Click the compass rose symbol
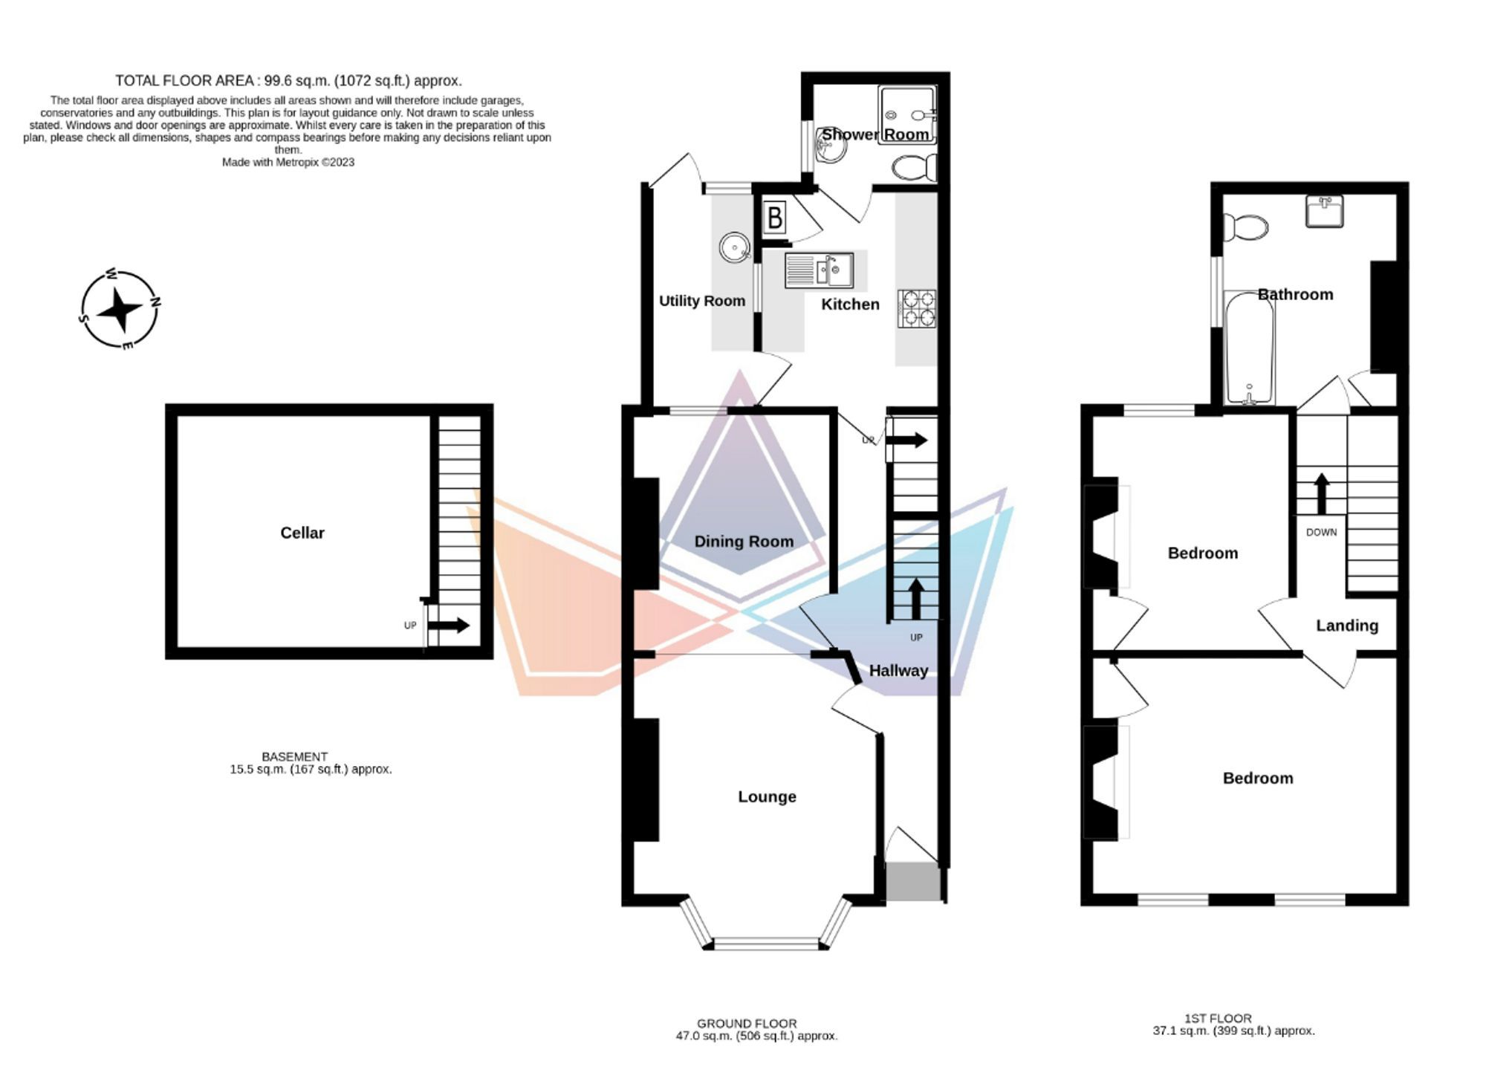(x=119, y=309)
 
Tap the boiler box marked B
(x=774, y=218)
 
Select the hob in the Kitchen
(x=917, y=308)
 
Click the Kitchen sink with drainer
(x=819, y=270)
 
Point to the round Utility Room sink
(x=734, y=247)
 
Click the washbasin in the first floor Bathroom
(x=1325, y=211)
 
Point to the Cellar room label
(x=302, y=533)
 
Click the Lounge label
(x=767, y=796)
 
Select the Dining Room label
(x=744, y=542)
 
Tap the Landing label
(x=1346, y=626)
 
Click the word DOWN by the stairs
(x=1321, y=532)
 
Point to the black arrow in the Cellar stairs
(x=449, y=625)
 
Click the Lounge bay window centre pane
(x=765, y=944)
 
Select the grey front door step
(x=913, y=882)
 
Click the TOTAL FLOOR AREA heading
(x=288, y=80)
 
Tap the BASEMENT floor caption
(x=294, y=756)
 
